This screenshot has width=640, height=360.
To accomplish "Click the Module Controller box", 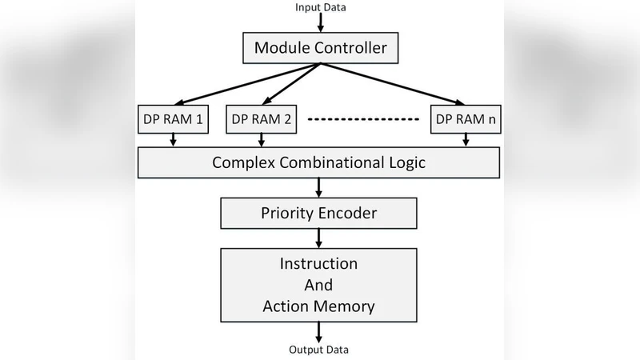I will (x=320, y=48).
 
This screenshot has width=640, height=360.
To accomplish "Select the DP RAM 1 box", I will (x=173, y=119).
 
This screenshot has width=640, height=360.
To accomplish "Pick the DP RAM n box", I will (x=466, y=119).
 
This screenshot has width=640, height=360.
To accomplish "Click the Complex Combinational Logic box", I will (x=319, y=162).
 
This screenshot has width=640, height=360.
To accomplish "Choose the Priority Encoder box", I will (x=319, y=214).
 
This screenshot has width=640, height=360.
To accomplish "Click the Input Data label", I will (x=320, y=7).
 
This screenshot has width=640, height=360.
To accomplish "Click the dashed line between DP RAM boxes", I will (x=364, y=120).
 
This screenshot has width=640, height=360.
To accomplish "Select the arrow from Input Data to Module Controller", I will (x=320, y=22).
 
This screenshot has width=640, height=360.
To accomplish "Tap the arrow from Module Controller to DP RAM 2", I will (x=291, y=84).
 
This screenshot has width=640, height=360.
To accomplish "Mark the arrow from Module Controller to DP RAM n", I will (x=392, y=84).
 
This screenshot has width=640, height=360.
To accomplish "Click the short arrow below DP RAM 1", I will (x=173, y=140).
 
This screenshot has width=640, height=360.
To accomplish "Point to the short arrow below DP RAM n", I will (x=466, y=140).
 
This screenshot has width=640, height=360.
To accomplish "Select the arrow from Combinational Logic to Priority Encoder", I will (x=320, y=187).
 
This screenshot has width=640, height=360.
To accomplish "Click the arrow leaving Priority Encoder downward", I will (x=320, y=238).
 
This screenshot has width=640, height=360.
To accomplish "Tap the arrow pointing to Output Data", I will (x=320, y=331).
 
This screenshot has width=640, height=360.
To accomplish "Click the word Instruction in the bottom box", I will (x=318, y=263).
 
